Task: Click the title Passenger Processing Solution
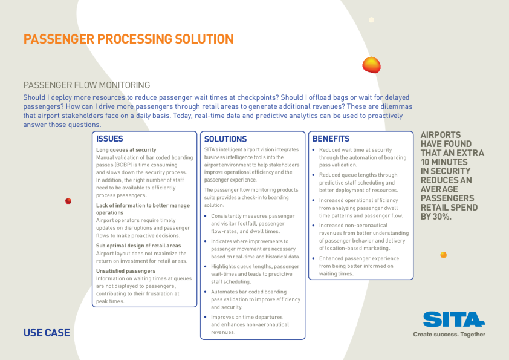click(128, 39)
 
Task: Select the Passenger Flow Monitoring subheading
click(86, 85)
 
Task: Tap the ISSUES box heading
click(109, 139)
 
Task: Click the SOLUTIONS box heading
click(225, 139)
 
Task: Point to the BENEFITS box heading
click(331, 139)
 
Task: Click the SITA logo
click(454, 319)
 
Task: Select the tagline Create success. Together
click(449, 335)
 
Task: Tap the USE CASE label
click(47, 333)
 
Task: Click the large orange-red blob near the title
click(371, 65)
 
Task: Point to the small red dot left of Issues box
click(68, 201)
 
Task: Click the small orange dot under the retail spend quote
click(444, 255)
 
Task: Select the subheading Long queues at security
click(126, 150)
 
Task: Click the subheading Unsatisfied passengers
click(126, 271)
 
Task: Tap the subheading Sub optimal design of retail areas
click(138, 246)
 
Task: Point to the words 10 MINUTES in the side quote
click(444, 162)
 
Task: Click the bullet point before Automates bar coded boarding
click(206, 292)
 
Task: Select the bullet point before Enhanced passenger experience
click(314, 258)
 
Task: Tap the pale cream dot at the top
click(371, 20)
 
